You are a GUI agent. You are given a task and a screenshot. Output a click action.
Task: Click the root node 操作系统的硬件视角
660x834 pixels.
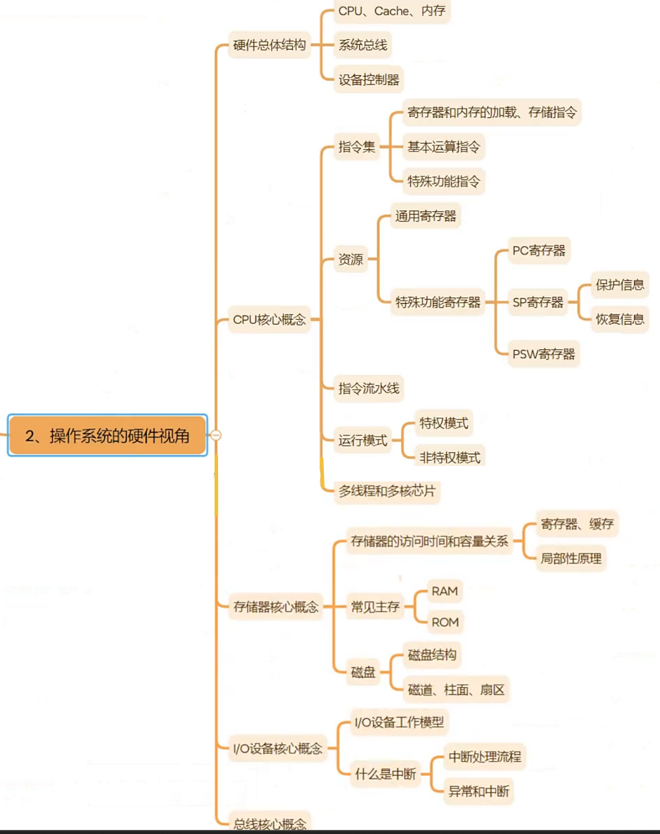tap(108, 435)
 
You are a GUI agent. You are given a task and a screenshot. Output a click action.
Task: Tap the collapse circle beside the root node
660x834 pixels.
tap(216, 435)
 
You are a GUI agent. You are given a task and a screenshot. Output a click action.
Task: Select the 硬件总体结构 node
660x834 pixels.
tap(269, 45)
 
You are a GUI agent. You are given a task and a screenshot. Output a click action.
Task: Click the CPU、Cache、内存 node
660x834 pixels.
tap(391, 11)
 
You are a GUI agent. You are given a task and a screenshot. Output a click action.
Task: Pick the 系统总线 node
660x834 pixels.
tap(363, 45)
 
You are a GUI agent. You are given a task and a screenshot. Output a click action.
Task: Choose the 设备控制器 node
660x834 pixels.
tap(368, 79)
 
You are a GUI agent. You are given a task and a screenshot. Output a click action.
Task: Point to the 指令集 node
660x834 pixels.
tap(356, 147)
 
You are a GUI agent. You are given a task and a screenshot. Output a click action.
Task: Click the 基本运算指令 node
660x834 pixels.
tap(443, 147)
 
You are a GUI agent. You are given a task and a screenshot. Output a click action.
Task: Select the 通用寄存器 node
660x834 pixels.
tap(425, 216)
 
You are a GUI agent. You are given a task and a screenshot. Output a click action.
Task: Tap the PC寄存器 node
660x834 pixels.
tap(539, 250)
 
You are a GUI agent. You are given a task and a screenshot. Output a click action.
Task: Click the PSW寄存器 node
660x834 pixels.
tap(543, 354)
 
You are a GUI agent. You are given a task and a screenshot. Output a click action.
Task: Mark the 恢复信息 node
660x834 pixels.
tap(619, 319)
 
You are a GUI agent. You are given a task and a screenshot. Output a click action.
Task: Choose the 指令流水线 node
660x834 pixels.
tap(368, 388)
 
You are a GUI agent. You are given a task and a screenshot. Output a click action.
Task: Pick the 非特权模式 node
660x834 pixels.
tap(449, 457)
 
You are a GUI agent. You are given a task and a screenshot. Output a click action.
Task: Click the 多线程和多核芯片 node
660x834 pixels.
tap(387, 491)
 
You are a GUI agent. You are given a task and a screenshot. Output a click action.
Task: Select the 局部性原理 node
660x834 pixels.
tap(571, 558)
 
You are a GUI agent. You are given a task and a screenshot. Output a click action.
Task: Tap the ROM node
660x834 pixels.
tap(445, 622)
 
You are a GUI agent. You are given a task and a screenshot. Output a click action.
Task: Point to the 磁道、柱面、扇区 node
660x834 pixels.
tap(456, 689)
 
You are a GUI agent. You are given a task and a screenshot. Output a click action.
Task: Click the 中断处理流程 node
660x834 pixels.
tap(484, 756)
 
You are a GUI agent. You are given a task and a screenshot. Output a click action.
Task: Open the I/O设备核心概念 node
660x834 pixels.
tap(277, 748)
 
